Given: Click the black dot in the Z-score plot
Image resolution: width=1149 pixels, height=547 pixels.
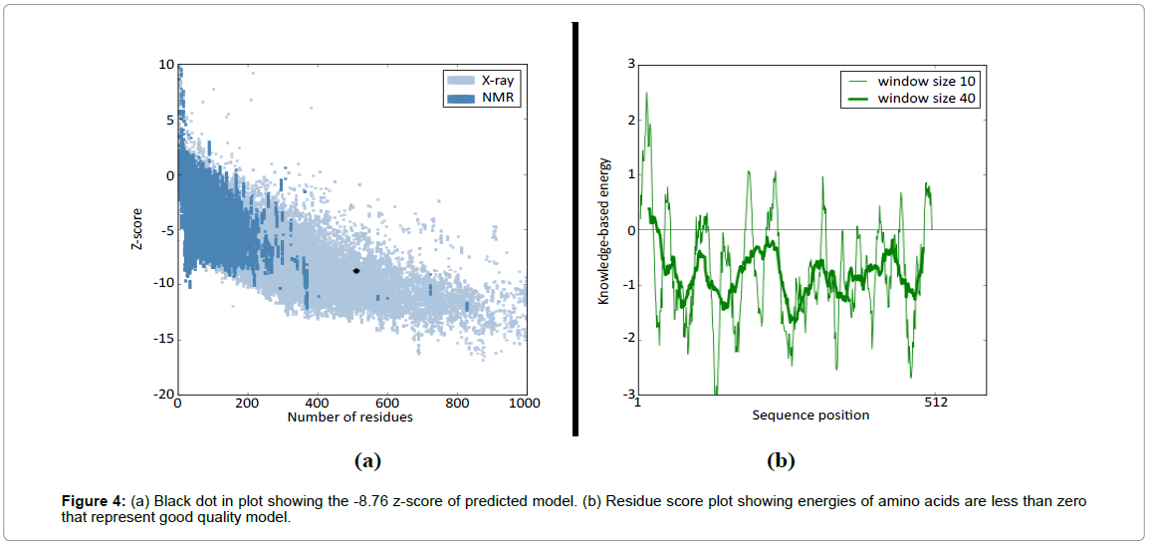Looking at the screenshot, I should coord(356,271).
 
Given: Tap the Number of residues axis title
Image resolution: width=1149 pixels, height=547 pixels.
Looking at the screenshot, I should coord(349,416).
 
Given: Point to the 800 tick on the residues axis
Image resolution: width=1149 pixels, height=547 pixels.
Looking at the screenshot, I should coord(456,404).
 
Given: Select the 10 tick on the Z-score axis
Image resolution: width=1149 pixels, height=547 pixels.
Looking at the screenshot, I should coord(166,65).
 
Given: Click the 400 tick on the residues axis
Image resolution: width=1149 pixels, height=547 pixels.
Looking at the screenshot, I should coord(317,404).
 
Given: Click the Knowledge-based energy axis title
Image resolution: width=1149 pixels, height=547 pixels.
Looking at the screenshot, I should coord(603,230).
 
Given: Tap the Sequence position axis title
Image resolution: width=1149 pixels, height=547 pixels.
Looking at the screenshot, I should coord(810,414).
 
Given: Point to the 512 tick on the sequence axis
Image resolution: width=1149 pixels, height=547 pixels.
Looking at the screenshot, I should coord(935,403).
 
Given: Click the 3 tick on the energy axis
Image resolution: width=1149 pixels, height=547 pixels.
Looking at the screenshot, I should coord(630,65).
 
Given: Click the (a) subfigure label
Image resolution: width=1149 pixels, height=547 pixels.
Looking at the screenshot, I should coord(367,460).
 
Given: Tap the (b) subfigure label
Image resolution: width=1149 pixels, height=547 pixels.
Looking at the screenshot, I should coord(780,460).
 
